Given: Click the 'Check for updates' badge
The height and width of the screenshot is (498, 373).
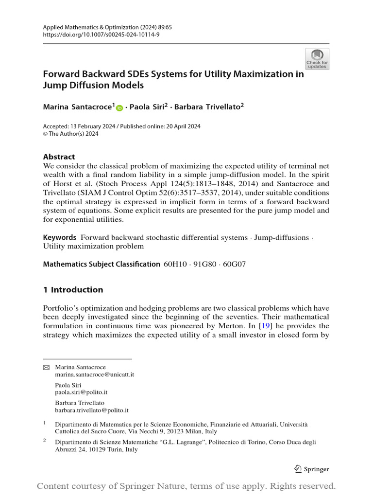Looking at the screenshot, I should point(317,59).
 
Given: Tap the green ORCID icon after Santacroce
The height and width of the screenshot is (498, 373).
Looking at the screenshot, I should point(119,107).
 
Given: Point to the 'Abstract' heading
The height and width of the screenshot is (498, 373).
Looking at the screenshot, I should point(59,157).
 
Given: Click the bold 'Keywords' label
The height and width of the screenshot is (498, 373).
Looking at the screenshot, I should point(60,237).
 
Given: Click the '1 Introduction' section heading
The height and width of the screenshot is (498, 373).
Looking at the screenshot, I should point(73,290).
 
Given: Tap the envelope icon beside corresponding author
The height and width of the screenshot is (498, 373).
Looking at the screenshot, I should point(47,367).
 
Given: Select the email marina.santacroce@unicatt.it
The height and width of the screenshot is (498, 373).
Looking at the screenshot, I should point(94,374).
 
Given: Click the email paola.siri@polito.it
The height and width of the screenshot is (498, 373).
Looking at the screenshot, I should point(81,392).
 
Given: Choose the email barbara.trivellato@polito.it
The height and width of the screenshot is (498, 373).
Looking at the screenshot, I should point(91,410).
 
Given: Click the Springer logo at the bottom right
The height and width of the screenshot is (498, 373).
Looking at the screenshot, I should point(312,469).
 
